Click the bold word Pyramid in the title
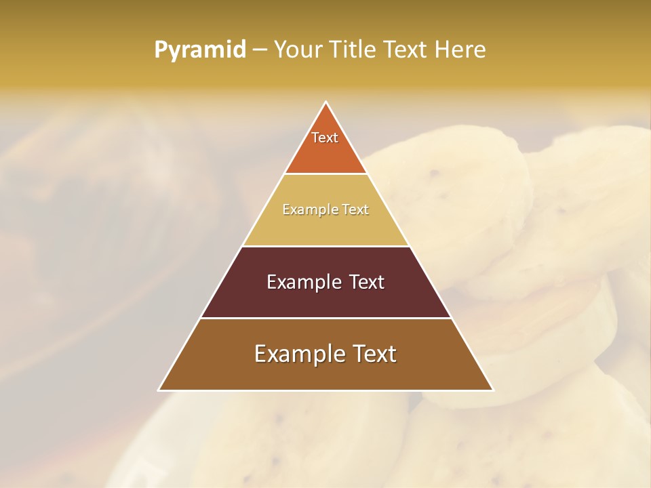200,50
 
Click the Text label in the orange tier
325,138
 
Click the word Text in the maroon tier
367,282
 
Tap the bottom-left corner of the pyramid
159,390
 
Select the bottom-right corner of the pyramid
493,390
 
